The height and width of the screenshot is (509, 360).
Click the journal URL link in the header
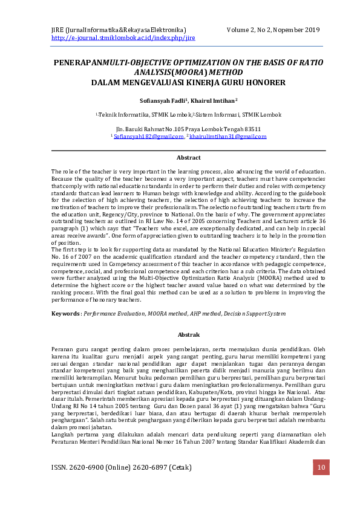point(123,37)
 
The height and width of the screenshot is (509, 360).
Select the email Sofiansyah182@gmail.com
point(148,137)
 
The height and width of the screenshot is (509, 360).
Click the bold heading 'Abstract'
point(188,158)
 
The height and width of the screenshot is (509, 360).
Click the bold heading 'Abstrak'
point(188,334)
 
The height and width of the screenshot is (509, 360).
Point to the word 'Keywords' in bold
point(65,314)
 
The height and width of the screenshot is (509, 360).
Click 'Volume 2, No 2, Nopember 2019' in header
point(273,30)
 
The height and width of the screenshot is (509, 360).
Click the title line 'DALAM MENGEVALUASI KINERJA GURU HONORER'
point(188,82)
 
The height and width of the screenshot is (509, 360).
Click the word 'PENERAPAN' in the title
point(78,62)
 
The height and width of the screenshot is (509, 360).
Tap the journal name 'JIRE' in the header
point(57,30)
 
